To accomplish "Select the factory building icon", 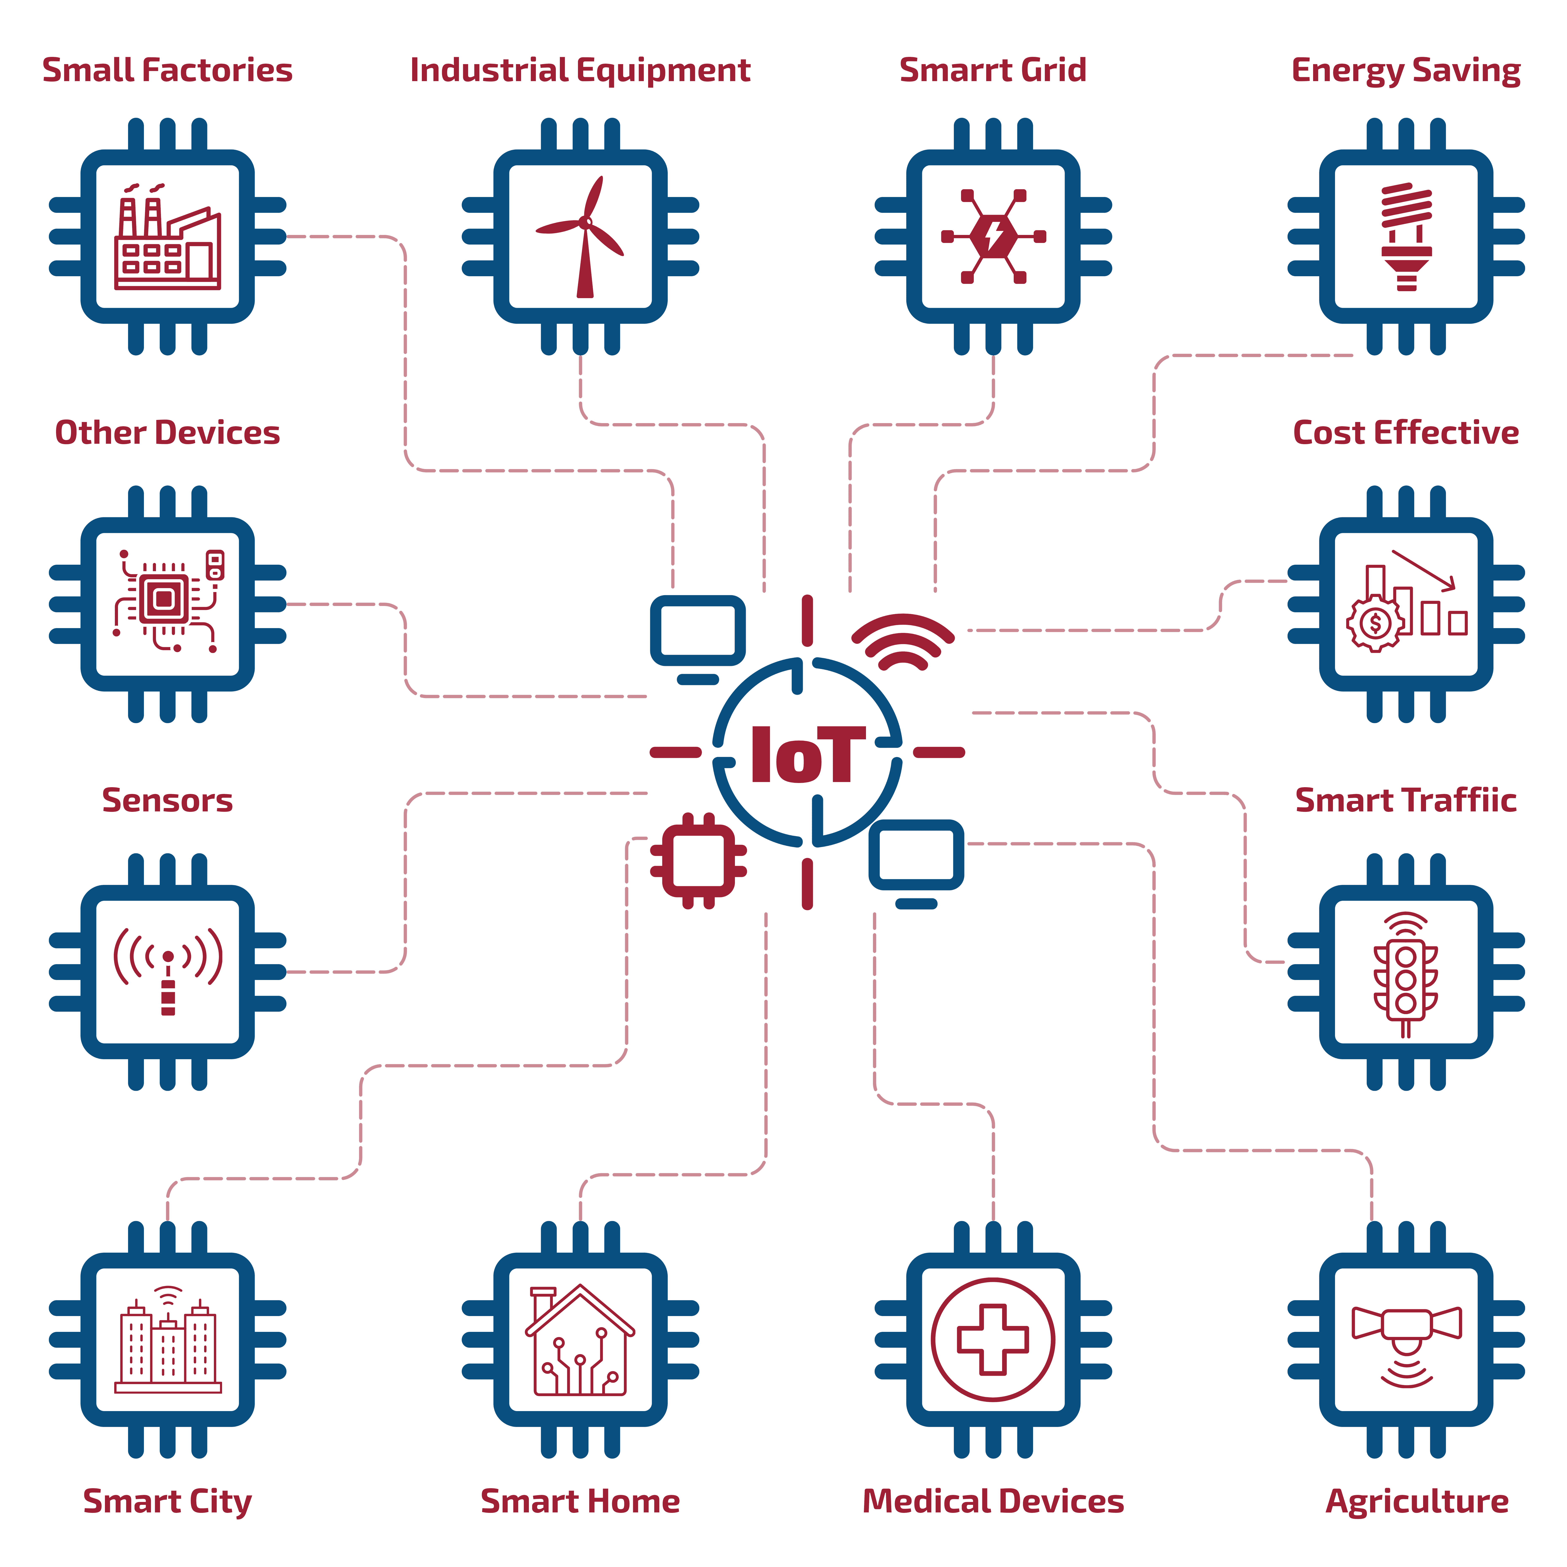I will click(167, 238).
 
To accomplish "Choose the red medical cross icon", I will click(993, 1339).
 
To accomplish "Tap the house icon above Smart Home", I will click(580, 1339).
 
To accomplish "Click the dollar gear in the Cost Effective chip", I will click(1375, 623).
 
